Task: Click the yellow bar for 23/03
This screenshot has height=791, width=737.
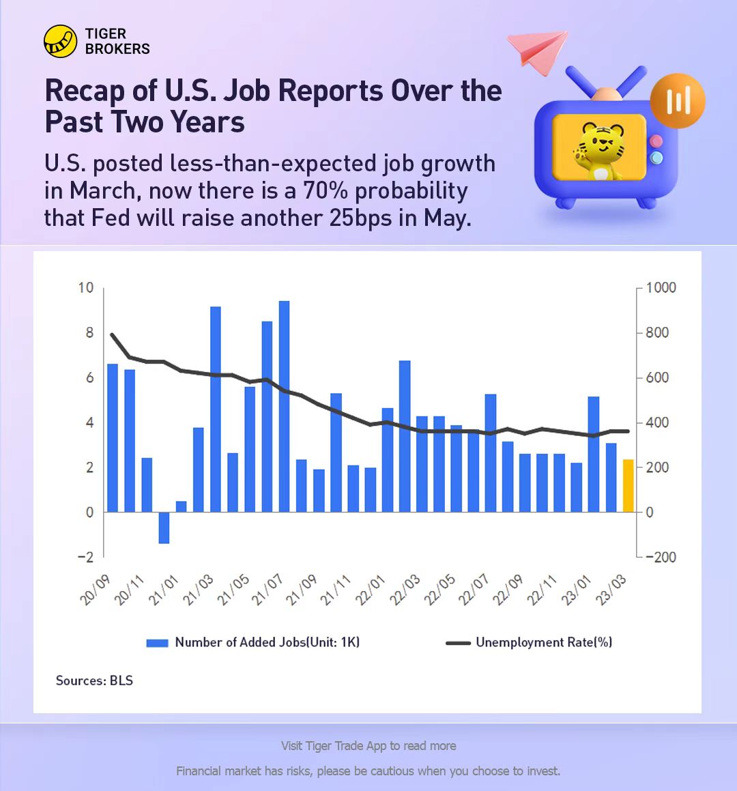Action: [628, 486]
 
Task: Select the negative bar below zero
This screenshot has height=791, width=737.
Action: [164, 528]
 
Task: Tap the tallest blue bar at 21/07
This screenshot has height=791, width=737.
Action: [284, 406]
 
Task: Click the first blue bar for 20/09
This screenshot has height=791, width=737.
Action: [113, 438]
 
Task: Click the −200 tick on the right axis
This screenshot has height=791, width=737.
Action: [661, 557]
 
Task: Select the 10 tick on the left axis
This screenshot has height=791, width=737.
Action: [85, 287]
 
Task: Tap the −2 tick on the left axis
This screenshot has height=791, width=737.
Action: [85, 557]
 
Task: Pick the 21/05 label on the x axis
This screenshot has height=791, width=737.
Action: [234, 590]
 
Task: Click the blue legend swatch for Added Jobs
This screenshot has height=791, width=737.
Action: [157, 643]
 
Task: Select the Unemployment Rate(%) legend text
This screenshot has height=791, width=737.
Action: [544, 642]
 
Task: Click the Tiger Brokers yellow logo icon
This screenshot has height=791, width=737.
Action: [60, 42]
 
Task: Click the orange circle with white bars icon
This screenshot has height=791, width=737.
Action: [677, 101]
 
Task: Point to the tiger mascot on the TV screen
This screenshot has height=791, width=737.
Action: [599, 150]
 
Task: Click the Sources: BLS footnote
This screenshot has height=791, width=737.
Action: [94, 680]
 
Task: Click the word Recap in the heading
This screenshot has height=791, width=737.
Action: [85, 91]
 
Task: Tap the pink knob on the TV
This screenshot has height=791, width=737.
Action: [656, 141]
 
